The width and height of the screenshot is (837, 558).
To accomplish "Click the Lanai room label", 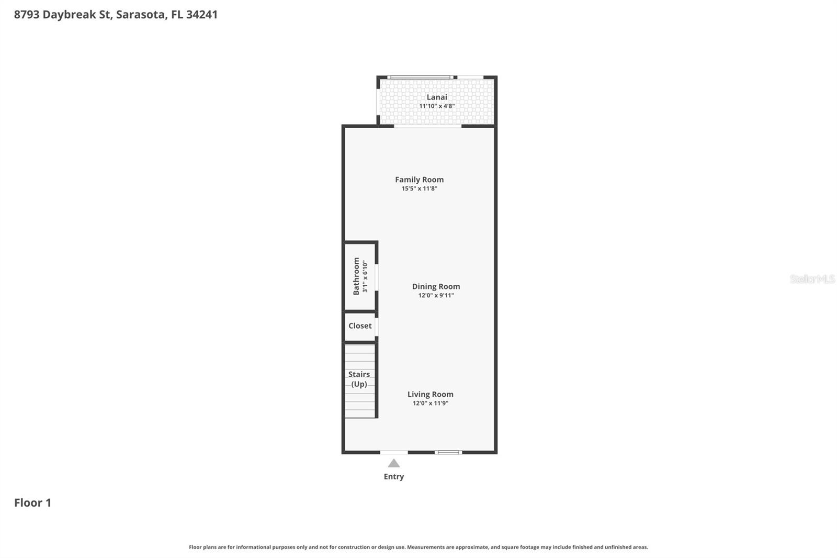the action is [x=437, y=97].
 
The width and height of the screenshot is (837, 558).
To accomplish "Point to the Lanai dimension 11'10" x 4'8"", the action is [x=437, y=106].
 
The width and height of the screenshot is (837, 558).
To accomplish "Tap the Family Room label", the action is [x=419, y=180].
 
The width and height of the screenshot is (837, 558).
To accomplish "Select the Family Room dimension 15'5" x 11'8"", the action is [x=419, y=188].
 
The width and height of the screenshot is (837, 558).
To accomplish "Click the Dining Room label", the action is [x=436, y=286].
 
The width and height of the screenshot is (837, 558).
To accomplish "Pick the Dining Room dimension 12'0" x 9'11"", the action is [x=436, y=295].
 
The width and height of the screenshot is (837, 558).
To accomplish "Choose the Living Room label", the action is [x=431, y=394].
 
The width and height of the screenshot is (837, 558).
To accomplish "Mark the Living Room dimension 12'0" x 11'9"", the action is [x=431, y=403].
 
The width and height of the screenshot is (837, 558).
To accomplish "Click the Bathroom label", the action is [x=356, y=276].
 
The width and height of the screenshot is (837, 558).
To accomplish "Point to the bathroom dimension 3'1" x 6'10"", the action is [x=365, y=277].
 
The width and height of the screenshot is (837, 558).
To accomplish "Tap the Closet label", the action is [x=360, y=326].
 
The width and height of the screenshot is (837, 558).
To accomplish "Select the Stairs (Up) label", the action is [x=359, y=379].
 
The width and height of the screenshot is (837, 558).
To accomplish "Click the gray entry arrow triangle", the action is [x=394, y=464].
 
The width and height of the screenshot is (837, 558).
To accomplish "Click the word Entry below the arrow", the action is [x=394, y=476].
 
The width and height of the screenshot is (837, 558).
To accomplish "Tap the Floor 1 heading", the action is [x=32, y=503].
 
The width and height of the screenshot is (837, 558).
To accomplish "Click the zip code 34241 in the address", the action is [x=202, y=14].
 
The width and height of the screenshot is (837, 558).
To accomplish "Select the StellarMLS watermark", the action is [x=812, y=279].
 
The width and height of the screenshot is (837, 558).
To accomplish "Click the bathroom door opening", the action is [x=377, y=277].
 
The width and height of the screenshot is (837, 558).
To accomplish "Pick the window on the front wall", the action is [x=448, y=453].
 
